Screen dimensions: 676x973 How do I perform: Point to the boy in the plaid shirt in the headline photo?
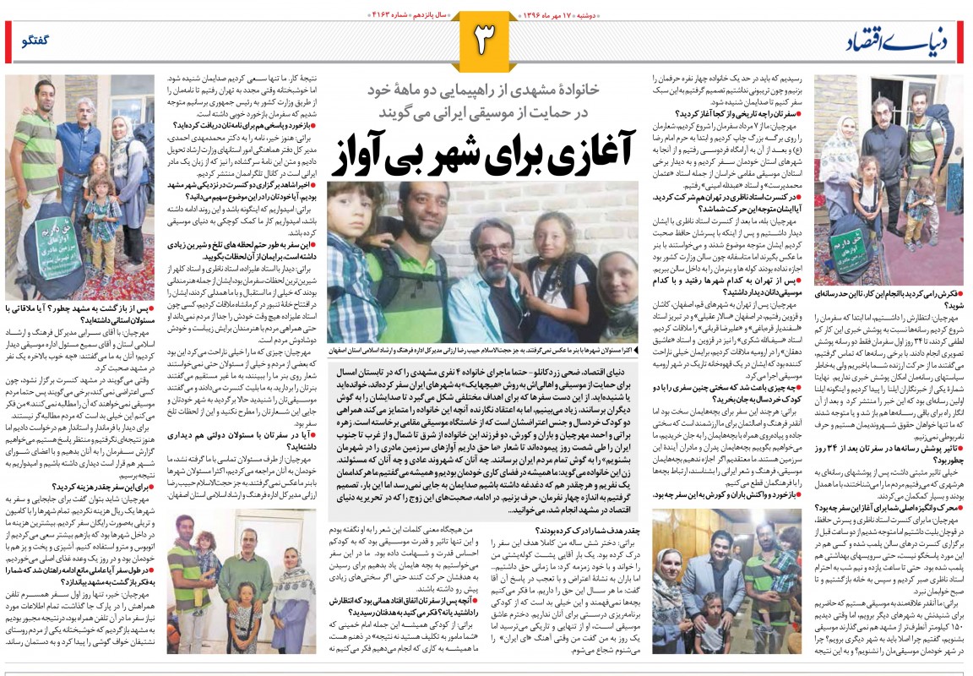tap(349, 253)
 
